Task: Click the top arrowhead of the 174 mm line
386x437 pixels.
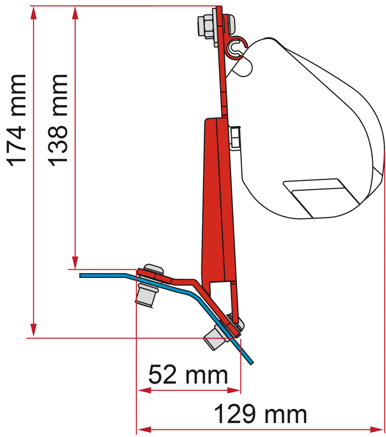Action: pos(34,12)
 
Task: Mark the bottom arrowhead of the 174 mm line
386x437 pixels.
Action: pos(34,331)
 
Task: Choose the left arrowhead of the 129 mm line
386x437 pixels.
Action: pos(143,429)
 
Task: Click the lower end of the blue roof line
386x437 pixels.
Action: pos(251,361)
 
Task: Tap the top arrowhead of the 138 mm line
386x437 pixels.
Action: pos(75,12)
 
